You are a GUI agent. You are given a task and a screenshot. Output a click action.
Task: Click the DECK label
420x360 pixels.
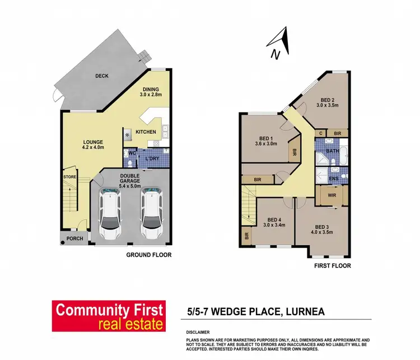pyautogui.click(x=101, y=76)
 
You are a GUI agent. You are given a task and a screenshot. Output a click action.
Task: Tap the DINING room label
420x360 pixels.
pyautogui.click(x=151, y=89)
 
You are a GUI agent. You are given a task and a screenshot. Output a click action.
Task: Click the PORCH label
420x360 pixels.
pyautogui.click(x=74, y=239)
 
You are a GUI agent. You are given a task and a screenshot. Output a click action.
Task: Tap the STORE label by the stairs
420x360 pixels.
pyautogui.click(x=70, y=178)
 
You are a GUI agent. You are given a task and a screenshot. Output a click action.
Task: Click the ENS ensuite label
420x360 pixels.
pyautogui.click(x=333, y=178)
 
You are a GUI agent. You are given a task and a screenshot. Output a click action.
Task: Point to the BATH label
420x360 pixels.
pyautogui.click(x=333, y=151)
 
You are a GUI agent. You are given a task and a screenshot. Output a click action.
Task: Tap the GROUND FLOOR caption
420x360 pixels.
pyautogui.click(x=148, y=255)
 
